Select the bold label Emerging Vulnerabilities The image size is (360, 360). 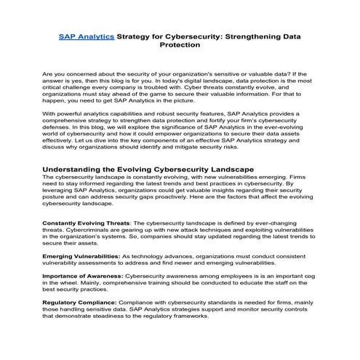tap(80, 256)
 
